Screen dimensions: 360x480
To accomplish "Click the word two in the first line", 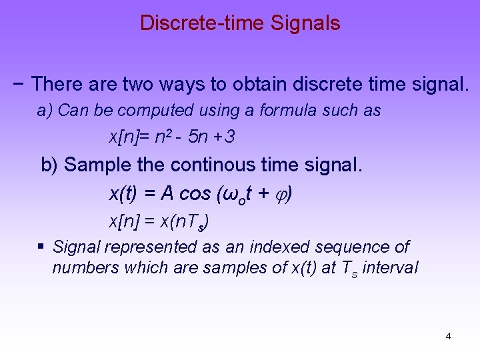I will [142, 84].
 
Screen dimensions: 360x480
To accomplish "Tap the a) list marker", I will [45, 111].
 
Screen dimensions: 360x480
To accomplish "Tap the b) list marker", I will [50, 165].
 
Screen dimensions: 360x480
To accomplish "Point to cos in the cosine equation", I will [195, 194].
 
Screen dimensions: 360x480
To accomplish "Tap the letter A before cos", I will [167, 194].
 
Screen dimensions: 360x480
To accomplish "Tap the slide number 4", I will [448, 336].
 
